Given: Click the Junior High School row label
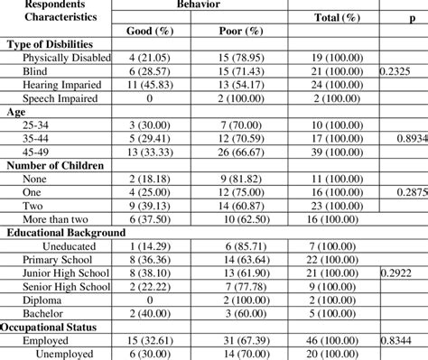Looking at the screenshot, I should point(68,271).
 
